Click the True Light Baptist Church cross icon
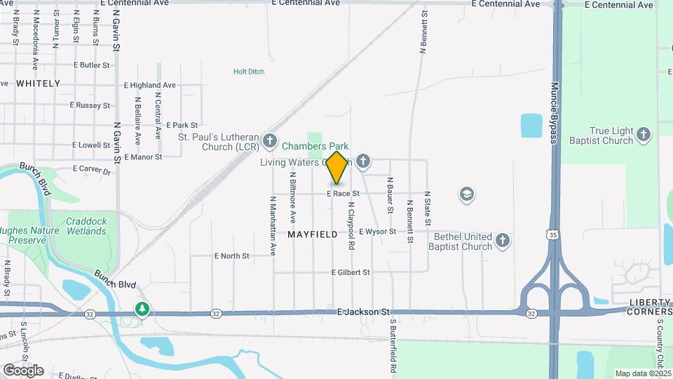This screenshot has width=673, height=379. [x=644, y=133]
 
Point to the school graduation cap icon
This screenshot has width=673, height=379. [x=466, y=194]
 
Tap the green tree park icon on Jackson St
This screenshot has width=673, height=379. [x=142, y=309]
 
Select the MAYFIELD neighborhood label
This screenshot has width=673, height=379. [x=313, y=234]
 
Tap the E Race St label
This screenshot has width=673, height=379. [x=343, y=193]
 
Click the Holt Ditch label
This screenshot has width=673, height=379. [x=249, y=72]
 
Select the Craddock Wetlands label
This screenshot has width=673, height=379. [x=86, y=226]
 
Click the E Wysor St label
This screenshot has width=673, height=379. [x=378, y=232]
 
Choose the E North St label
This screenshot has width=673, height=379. [x=231, y=256]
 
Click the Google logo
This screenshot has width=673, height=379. [x=23, y=371]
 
